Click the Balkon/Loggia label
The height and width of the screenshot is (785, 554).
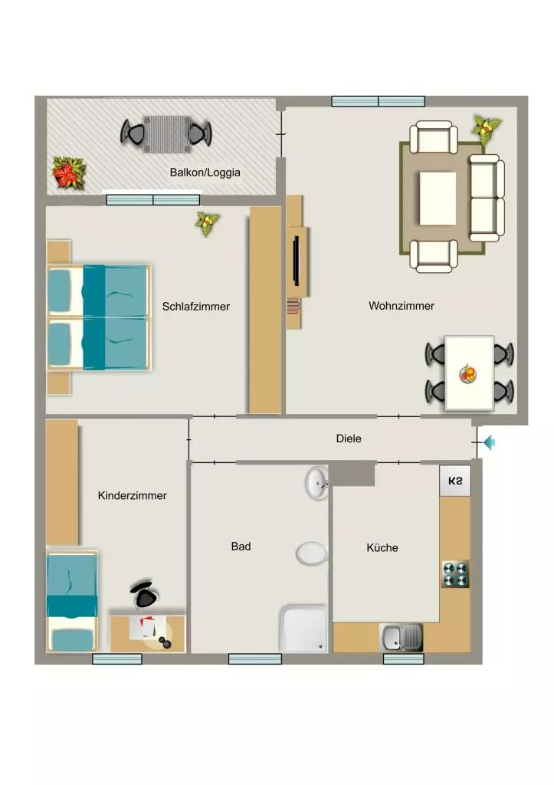point(205,172)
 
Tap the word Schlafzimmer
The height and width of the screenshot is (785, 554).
point(195,307)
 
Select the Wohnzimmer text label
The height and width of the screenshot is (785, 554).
point(402,305)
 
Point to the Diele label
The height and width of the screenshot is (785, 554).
point(349,438)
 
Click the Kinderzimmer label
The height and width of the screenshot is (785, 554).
point(132,496)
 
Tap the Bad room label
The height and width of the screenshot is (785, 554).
point(241,546)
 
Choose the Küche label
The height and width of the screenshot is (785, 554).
point(382,547)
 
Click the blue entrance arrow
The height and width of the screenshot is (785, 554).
point(489,442)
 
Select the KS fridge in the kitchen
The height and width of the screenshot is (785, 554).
point(455,481)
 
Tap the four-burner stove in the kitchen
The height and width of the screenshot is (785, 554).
point(455,573)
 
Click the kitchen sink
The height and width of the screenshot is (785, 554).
point(402,637)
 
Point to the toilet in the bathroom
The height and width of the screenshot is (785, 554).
point(312,553)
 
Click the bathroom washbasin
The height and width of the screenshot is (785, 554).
point(316,483)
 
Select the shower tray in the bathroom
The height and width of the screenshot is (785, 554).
point(303,629)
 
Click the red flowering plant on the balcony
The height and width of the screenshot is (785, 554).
point(69,172)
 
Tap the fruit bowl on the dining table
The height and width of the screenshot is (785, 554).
point(467,373)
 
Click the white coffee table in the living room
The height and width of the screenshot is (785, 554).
point(438,199)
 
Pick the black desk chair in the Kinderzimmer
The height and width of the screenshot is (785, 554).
point(145,594)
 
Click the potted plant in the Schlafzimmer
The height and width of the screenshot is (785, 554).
point(207,223)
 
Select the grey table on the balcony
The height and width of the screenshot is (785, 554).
point(166,134)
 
